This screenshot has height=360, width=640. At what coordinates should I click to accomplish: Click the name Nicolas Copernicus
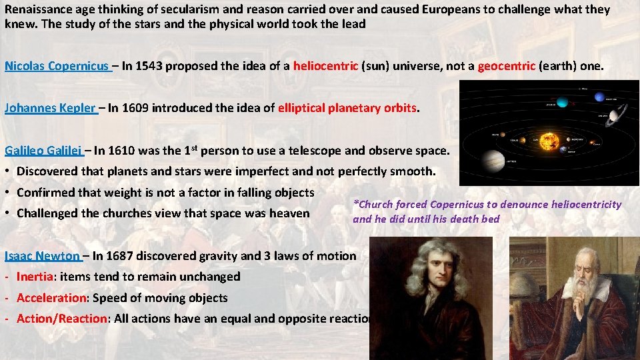coord(56,66)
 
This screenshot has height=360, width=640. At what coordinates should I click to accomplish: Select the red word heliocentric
coord(325,66)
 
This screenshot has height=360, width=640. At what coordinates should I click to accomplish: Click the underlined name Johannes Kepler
coord(50,108)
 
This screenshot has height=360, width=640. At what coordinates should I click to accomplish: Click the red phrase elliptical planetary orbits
coord(347,108)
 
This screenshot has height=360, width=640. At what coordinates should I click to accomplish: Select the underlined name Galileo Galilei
coord(43,151)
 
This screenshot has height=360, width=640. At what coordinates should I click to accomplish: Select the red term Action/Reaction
coord(61,319)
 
